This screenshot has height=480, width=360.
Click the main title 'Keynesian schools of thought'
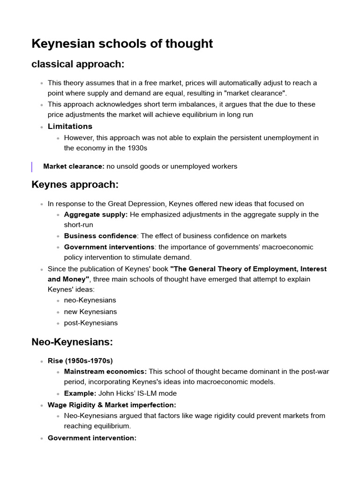coord(122,44)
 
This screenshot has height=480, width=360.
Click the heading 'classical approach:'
coord(77,64)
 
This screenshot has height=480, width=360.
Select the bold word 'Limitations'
coord(70,126)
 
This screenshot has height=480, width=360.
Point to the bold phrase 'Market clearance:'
coord(74,166)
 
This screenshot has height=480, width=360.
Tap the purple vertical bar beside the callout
coord(32,166)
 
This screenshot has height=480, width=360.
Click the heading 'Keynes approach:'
coord(75,185)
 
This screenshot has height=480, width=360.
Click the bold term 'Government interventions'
coord(109,247)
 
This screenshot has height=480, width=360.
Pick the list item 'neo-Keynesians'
coord(90,300)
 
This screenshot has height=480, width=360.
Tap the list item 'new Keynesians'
coord(90,311)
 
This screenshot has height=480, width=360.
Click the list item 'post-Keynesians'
coord(91,322)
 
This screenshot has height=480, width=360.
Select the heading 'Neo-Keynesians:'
coord(72,342)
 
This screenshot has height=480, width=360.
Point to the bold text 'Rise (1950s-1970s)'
coord(80,360)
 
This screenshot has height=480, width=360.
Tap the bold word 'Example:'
coord(80,393)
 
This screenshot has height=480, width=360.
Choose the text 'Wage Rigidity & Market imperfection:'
coord(112,405)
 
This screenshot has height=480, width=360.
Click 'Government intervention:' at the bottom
coord(92,438)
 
